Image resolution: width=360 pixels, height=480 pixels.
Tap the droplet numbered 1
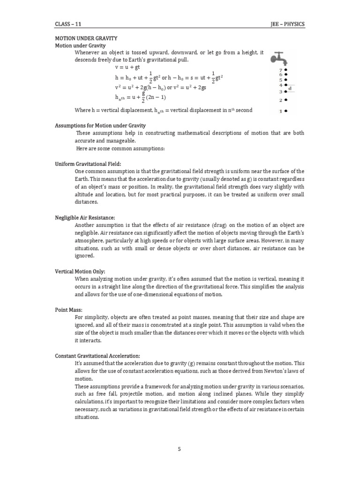click(x=285, y=111)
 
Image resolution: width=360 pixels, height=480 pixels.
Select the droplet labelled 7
click(x=285, y=69)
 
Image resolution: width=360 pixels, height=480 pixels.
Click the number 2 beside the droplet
click(x=281, y=100)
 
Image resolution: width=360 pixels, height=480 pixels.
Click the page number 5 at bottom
click(x=180, y=449)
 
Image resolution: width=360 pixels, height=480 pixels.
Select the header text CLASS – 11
click(x=69, y=23)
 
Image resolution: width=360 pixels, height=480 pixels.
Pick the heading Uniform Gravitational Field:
click(x=88, y=164)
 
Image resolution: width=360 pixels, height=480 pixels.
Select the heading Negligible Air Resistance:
click(x=85, y=217)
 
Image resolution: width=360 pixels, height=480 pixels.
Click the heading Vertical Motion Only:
click(x=80, y=271)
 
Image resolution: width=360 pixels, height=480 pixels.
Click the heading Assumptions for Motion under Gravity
click(x=101, y=126)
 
